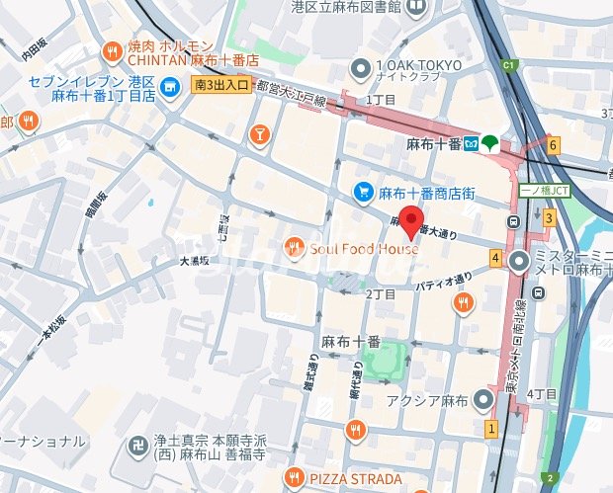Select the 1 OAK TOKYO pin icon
[x=360, y=69]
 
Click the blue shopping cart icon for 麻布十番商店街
[x=364, y=192]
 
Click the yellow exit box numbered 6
[x=554, y=145]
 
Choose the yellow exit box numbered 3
[x=547, y=217]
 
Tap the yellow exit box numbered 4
[x=494, y=259]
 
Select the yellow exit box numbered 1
[x=490, y=429]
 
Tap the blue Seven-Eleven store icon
[x=170, y=87]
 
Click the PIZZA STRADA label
[x=354, y=478]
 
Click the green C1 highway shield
[x=510, y=66]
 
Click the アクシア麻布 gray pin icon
[x=482, y=399]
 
